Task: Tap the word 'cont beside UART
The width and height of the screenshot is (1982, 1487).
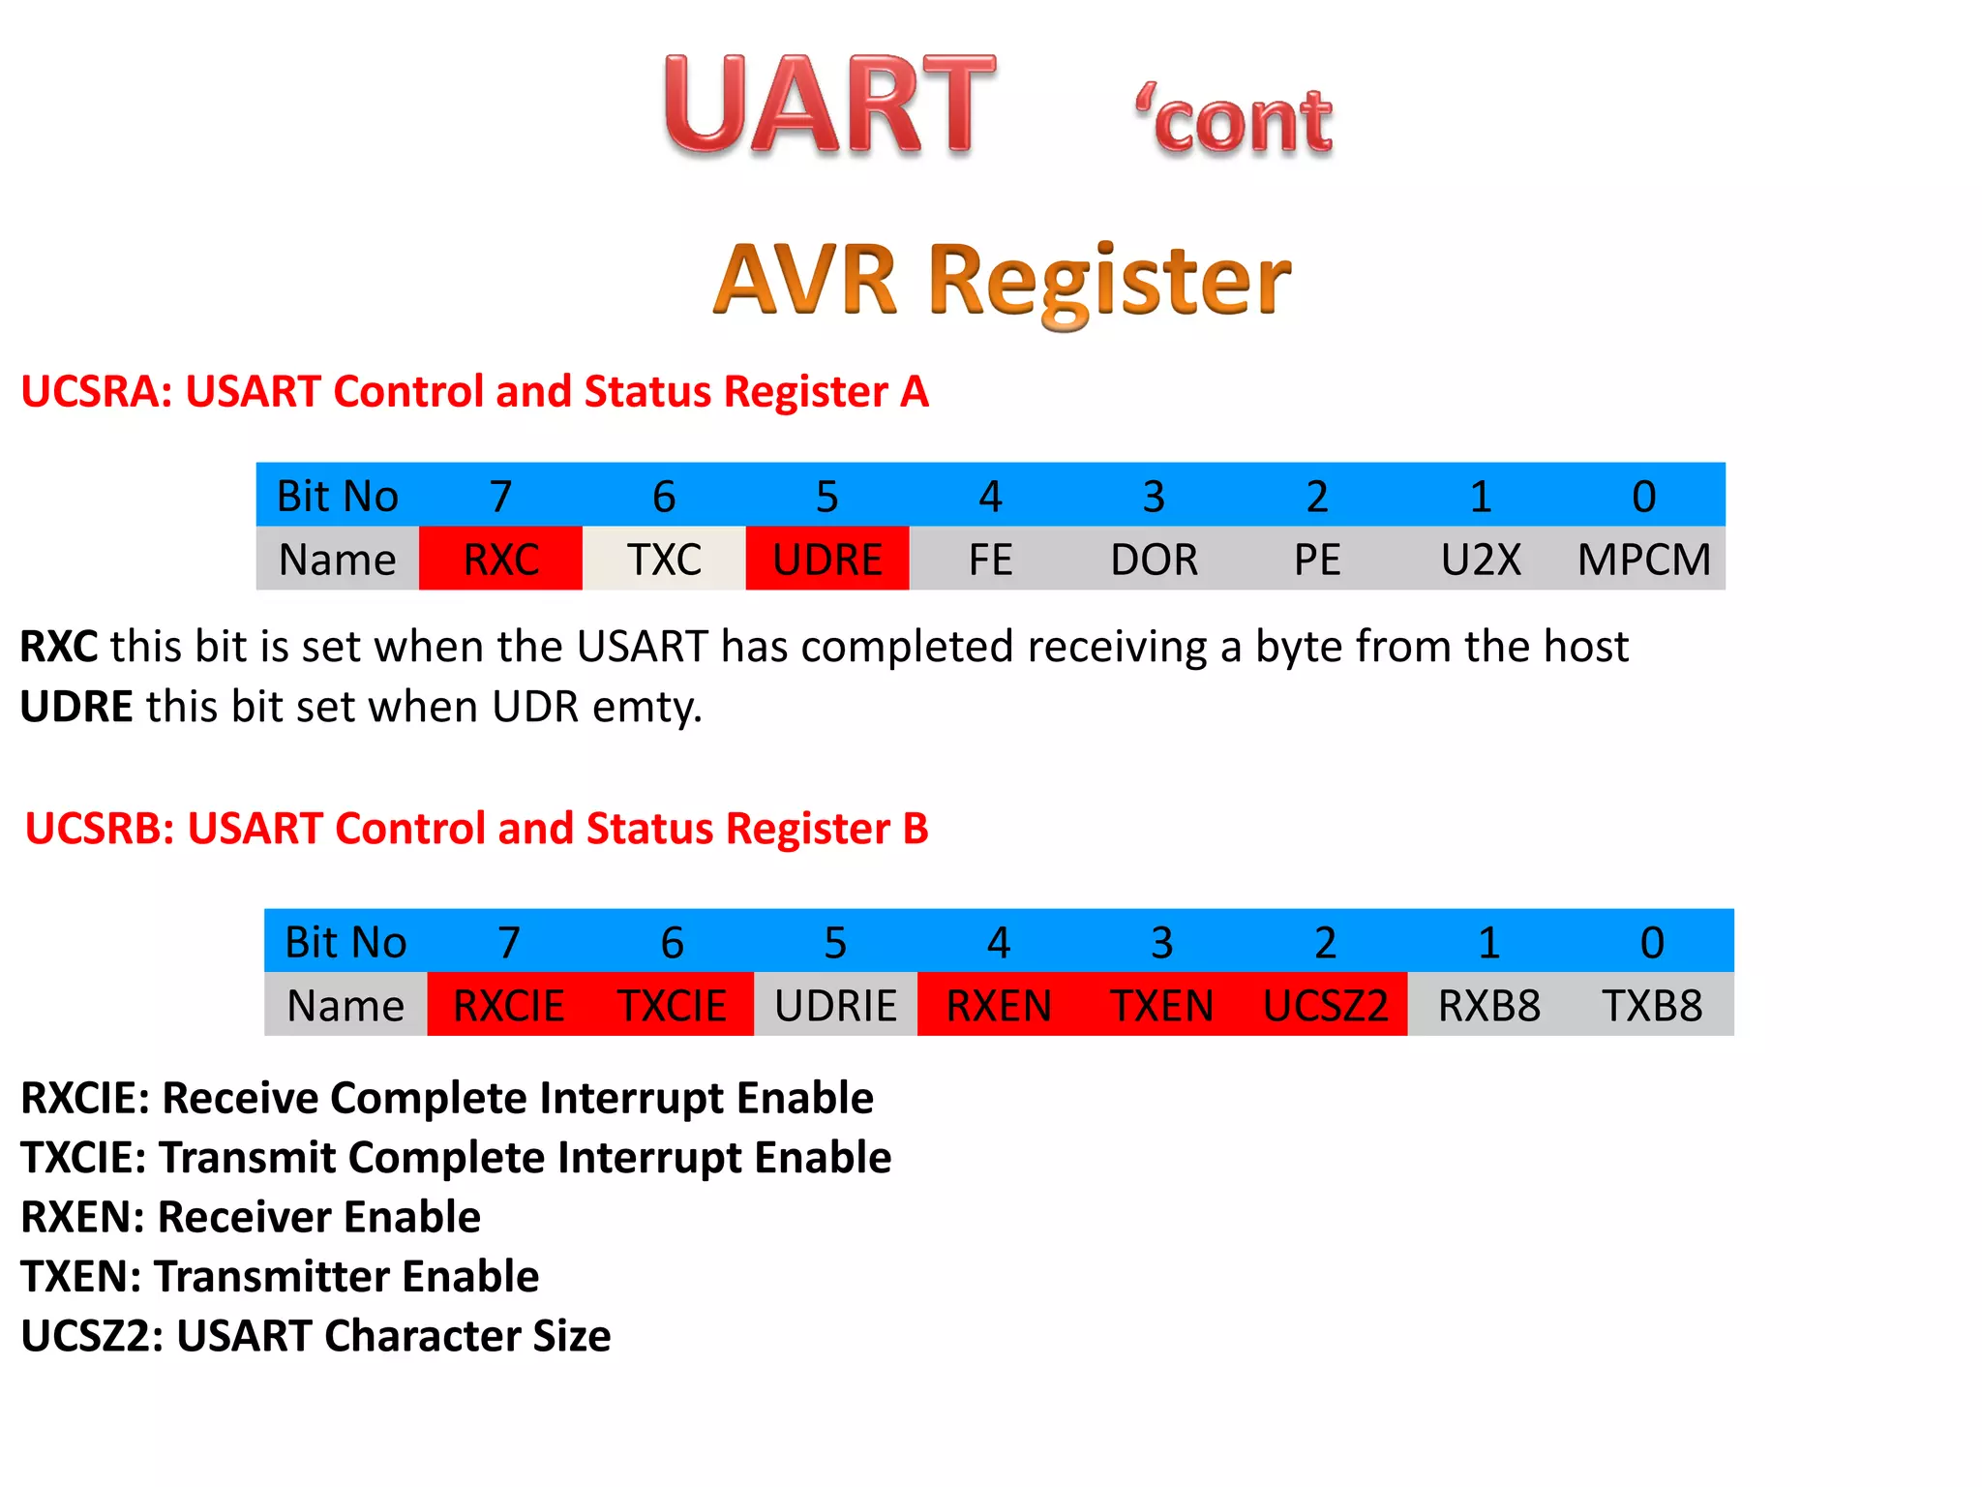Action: click(1235, 120)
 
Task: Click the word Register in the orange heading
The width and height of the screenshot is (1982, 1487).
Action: click(1109, 281)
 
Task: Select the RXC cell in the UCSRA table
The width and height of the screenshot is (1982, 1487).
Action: click(500, 560)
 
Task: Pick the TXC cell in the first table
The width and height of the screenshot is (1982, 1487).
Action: click(664, 560)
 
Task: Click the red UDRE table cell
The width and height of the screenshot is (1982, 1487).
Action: click(827, 560)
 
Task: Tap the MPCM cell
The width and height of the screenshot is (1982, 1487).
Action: click(1643, 560)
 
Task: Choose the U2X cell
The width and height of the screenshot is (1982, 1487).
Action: click(1481, 560)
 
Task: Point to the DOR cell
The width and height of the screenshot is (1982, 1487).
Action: click(1154, 560)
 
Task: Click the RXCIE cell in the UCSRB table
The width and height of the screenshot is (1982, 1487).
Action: click(508, 1006)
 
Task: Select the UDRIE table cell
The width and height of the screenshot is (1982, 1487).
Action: click(835, 1006)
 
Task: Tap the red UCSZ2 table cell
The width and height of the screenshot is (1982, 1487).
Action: click(1325, 1006)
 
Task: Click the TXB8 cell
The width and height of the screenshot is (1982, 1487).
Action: click(1652, 1006)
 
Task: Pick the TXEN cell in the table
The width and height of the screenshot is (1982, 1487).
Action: click(1161, 1006)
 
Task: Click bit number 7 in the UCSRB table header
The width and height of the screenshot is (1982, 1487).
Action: click(508, 942)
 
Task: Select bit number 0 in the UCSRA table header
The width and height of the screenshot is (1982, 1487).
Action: click(1643, 497)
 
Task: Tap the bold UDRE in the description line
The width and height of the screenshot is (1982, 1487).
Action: click(76, 707)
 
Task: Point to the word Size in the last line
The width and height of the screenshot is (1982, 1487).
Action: click(571, 1336)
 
